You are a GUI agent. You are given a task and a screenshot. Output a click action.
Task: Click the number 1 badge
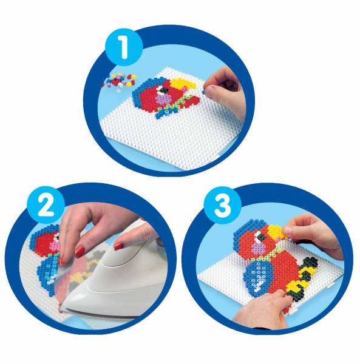[x=124, y=47]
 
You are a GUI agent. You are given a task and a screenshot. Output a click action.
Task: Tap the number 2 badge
[x=46, y=206]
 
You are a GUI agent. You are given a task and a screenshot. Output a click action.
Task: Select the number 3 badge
[x=223, y=205]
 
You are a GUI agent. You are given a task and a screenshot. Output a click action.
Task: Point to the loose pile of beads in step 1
[x=119, y=80]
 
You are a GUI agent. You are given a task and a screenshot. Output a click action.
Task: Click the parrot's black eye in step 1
[x=165, y=90]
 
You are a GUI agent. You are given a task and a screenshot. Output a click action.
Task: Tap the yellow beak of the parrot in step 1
[x=182, y=84]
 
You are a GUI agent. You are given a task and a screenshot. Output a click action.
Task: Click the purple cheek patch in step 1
[x=163, y=99]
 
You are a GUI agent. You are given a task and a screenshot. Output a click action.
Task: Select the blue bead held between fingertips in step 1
[x=204, y=92]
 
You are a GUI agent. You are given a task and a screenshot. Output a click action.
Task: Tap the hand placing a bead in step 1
[x=223, y=87]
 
